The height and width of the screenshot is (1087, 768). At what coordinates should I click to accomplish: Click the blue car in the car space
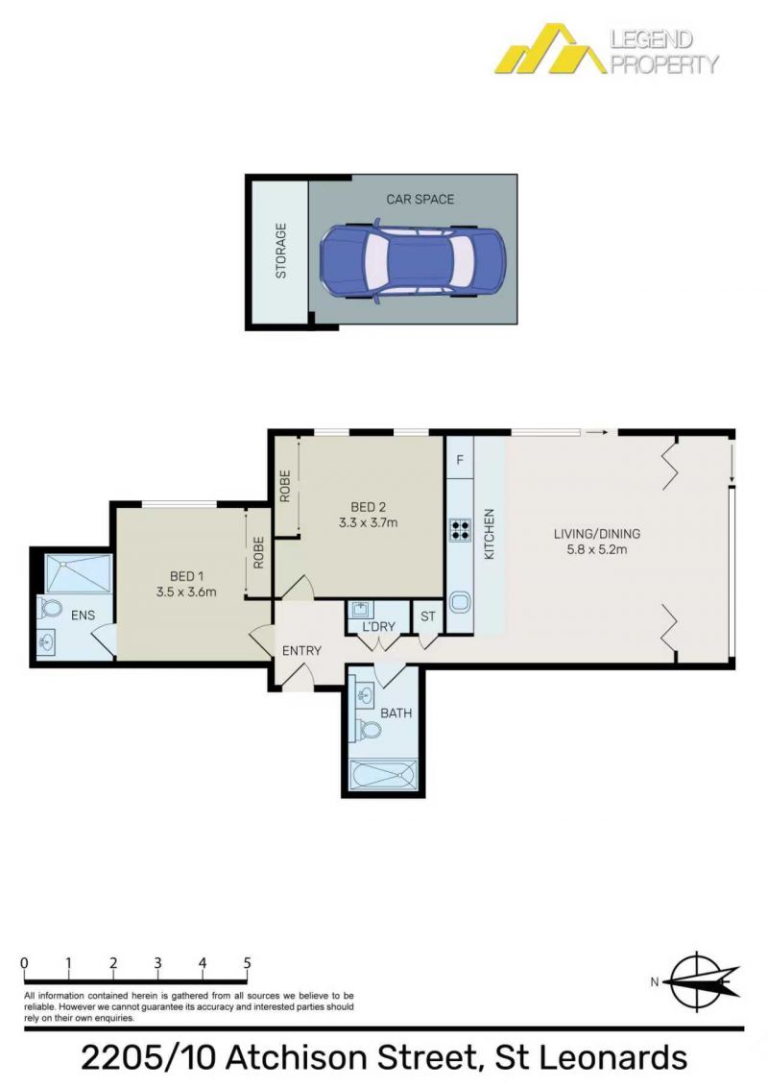[x=413, y=261]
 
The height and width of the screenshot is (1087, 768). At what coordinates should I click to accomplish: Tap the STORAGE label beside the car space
[x=280, y=251]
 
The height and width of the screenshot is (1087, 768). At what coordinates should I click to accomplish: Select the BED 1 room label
[x=186, y=576]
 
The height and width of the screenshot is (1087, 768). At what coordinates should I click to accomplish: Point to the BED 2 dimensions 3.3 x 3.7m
[x=368, y=522]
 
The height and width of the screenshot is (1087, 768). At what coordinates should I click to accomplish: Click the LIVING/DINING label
[x=597, y=534]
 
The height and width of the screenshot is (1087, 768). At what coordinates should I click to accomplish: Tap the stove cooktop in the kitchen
[x=460, y=530]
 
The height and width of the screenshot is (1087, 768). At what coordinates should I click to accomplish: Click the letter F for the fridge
[x=460, y=460]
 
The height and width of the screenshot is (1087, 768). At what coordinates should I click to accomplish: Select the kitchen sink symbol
[x=460, y=602]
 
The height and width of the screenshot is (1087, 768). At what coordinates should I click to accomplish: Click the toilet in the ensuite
[x=50, y=608]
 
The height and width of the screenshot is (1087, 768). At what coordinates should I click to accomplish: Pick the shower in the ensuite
[x=78, y=572]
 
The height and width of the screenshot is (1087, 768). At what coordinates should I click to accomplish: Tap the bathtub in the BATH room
[x=383, y=774]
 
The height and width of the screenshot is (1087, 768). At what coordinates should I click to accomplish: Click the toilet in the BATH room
[x=370, y=729]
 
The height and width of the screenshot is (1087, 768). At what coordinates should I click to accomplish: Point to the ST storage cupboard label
[x=427, y=616]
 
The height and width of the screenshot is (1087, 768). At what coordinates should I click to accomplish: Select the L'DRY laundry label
[x=378, y=627]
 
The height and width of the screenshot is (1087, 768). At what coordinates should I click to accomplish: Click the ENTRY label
[x=301, y=651]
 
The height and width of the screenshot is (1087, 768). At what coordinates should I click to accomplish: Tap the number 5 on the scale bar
[x=247, y=963]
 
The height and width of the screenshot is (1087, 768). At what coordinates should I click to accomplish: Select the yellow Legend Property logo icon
[x=550, y=49]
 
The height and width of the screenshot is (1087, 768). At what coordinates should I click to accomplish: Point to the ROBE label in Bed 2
[x=285, y=486]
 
